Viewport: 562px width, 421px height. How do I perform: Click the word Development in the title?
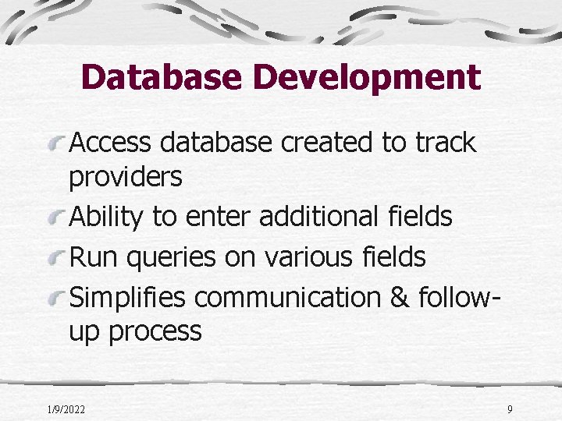point(368,77)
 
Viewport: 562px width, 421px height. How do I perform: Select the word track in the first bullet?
point(446,143)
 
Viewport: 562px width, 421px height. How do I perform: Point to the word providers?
point(126,179)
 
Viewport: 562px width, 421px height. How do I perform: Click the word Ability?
point(106,217)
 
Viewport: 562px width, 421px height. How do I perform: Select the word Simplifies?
point(129,297)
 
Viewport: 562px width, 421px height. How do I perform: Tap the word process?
point(155,332)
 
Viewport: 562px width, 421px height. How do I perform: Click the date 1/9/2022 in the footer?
point(66,409)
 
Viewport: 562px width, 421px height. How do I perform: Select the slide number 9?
point(510,409)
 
